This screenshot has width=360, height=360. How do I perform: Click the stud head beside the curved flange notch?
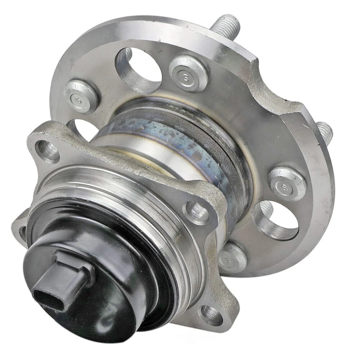point(286,183)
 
